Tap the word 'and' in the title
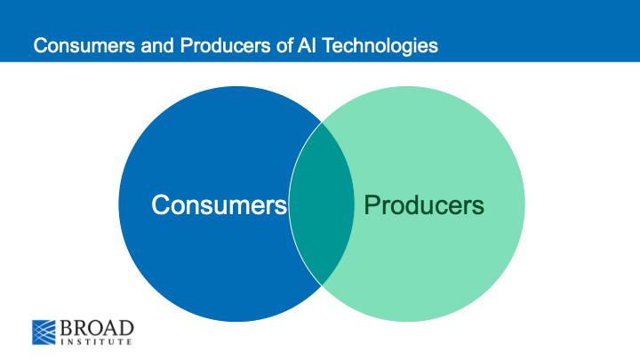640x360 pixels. [134, 44]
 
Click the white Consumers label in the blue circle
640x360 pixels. [219, 204]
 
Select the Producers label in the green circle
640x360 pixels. [424, 205]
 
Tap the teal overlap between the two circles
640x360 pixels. [321, 204]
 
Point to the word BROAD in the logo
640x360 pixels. [97, 324]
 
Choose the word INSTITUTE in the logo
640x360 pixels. [97, 340]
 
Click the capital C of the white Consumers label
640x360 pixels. [161, 204]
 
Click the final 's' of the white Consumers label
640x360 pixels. [280, 206]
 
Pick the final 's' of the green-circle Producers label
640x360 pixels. [478, 207]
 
